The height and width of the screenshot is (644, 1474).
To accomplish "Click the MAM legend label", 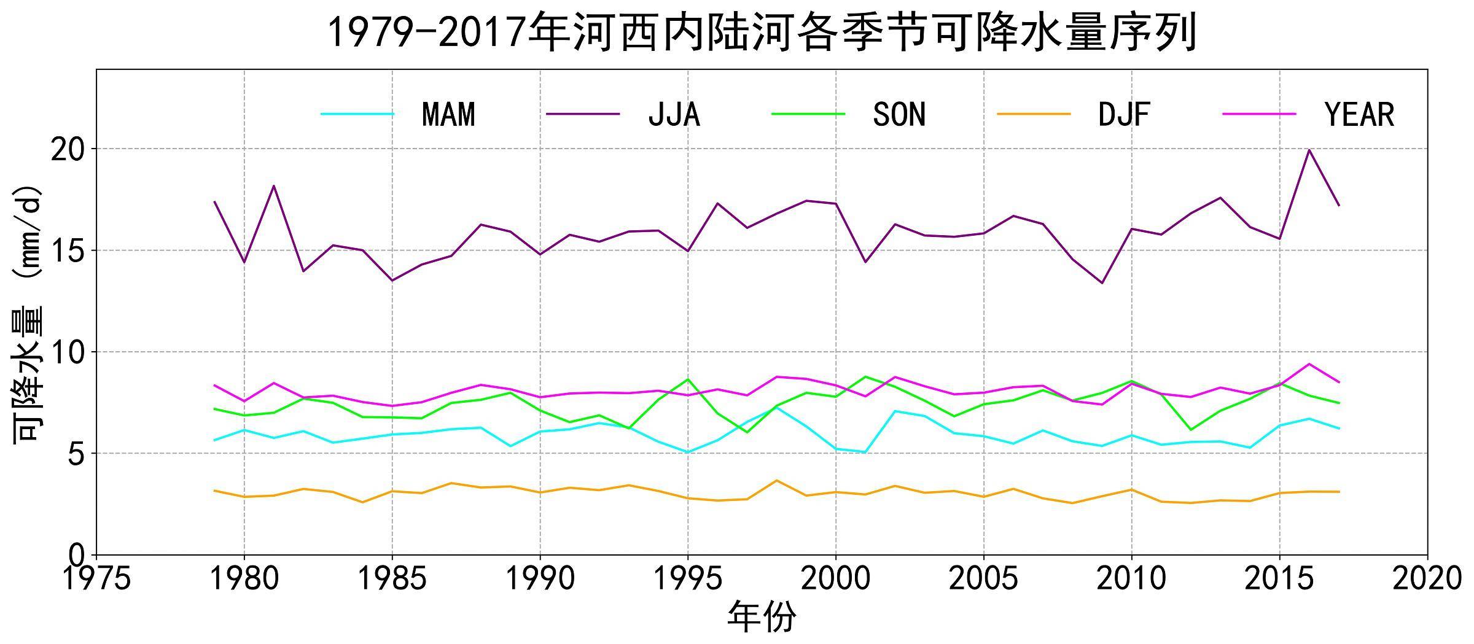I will (448, 114).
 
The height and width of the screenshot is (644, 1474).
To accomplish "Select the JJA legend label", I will (674, 114).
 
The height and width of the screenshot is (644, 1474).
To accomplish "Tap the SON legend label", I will (899, 114).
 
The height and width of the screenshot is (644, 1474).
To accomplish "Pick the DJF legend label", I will (1124, 114).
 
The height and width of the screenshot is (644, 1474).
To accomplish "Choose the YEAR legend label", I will (1360, 114).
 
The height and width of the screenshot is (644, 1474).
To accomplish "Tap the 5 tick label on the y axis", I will (77, 454).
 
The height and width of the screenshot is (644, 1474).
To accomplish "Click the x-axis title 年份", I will (762, 617).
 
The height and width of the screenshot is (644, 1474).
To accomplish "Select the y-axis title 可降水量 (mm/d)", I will (28, 313).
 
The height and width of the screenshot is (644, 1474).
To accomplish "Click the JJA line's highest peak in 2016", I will (1309, 150).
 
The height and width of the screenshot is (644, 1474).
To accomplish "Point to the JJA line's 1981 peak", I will (274, 185).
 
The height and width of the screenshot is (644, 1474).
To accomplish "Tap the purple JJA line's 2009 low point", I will (1102, 283).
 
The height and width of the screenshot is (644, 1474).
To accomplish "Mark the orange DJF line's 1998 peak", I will (777, 480).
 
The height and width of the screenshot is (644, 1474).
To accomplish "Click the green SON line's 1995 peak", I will (688, 379).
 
